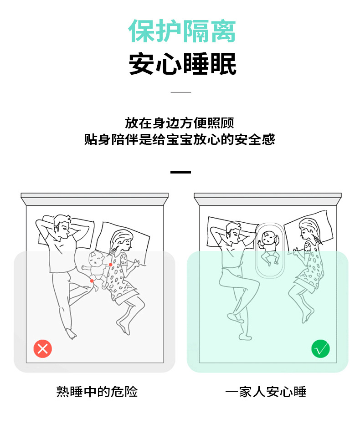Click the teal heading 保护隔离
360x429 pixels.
tap(182, 31)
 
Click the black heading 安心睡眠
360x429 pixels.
tap(182, 64)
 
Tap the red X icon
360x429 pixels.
tap(43, 349)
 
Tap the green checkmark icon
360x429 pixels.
tap(320, 348)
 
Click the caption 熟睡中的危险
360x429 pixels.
tap(97, 392)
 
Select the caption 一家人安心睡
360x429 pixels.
tap(266, 392)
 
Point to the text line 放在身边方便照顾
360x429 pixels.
tap(180, 123)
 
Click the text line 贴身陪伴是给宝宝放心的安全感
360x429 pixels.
tap(180, 139)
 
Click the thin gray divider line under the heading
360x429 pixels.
tap(181, 92)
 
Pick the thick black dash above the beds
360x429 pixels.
tap(181, 172)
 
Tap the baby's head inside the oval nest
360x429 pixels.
tap(268, 238)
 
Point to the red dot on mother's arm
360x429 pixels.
tap(110, 265)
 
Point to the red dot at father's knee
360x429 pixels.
tap(92, 281)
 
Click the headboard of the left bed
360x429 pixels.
tap(95, 199)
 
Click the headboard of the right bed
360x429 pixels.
tap(268, 199)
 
